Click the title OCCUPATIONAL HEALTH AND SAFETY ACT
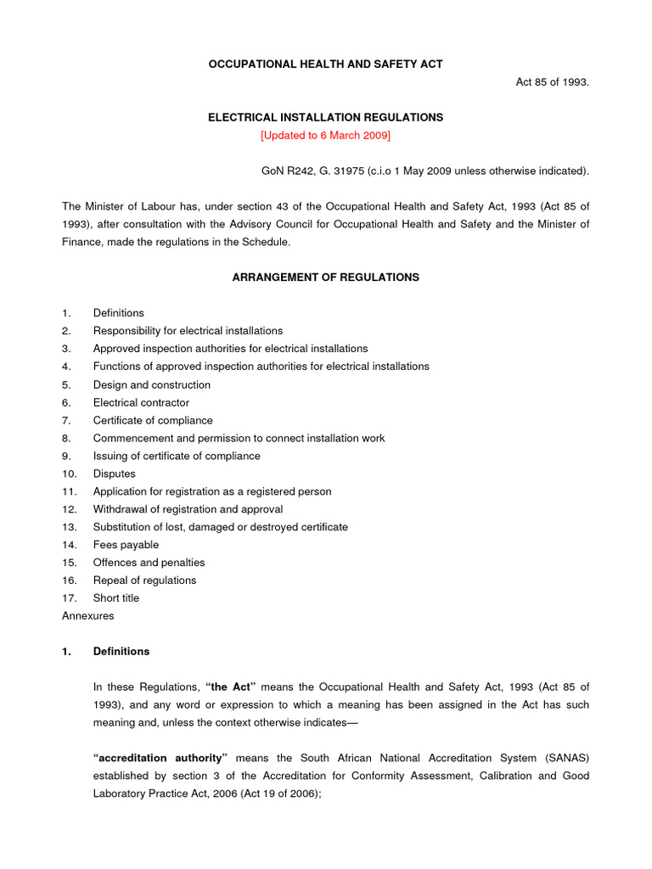tap(326, 64)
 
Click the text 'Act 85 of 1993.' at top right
tap(553, 82)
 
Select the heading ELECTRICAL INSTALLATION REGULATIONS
tap(326, 118)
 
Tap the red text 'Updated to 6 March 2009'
tap(326, 136)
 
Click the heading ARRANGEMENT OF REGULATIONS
tap(326, 278)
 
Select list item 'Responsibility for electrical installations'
tap(188, 331)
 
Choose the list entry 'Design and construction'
tap(152, 384)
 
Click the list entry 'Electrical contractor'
tap(141, 402)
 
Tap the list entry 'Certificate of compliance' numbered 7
tap(153, 420)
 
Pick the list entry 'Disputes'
tap(115, 474)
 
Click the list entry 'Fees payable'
tap(126, 545)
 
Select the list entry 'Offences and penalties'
tap(149, 563)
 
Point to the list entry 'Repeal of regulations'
tap(144, 580)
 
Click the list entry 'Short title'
tap(116, 598)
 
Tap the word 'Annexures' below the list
tap(87, 616)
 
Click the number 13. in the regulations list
tap(70, 527)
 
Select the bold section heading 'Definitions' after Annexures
tap(121, 652)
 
